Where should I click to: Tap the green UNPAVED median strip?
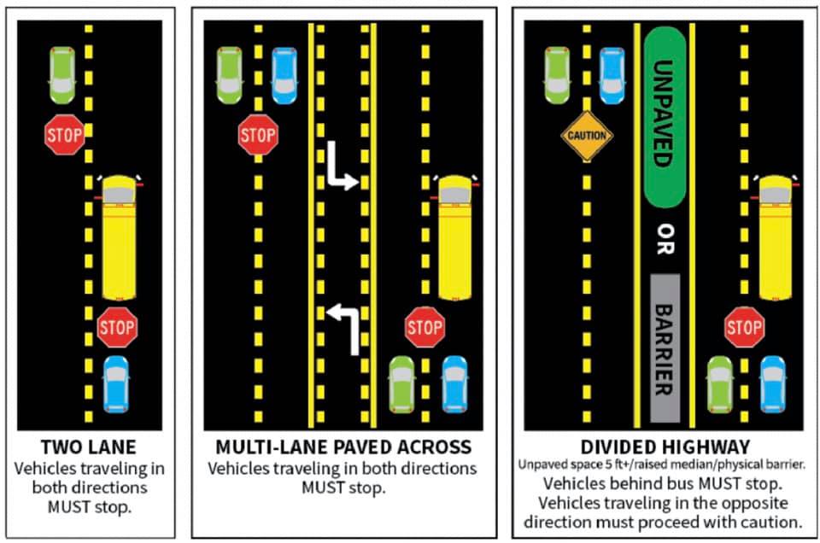click(x=665, y=118)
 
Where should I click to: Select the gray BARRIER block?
click(x=665, y=347)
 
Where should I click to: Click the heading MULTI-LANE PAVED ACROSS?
click(x=343, y=447)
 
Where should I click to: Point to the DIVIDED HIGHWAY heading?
click(x=665, y=447)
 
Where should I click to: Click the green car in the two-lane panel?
click(x=61, y=74)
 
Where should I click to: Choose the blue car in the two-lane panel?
click(x=116, y=384)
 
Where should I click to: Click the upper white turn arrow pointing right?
click(x=342, y=169)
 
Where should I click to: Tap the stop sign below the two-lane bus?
click(x=117, y=327)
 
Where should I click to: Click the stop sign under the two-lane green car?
click(x=64, y=135)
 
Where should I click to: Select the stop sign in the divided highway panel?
click(x=744, y=327)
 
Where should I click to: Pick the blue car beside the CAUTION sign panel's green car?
click(x=612, y=74)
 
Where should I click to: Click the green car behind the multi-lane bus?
click(x=401, y=384)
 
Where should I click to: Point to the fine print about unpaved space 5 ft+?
click(x=665, y=465)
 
